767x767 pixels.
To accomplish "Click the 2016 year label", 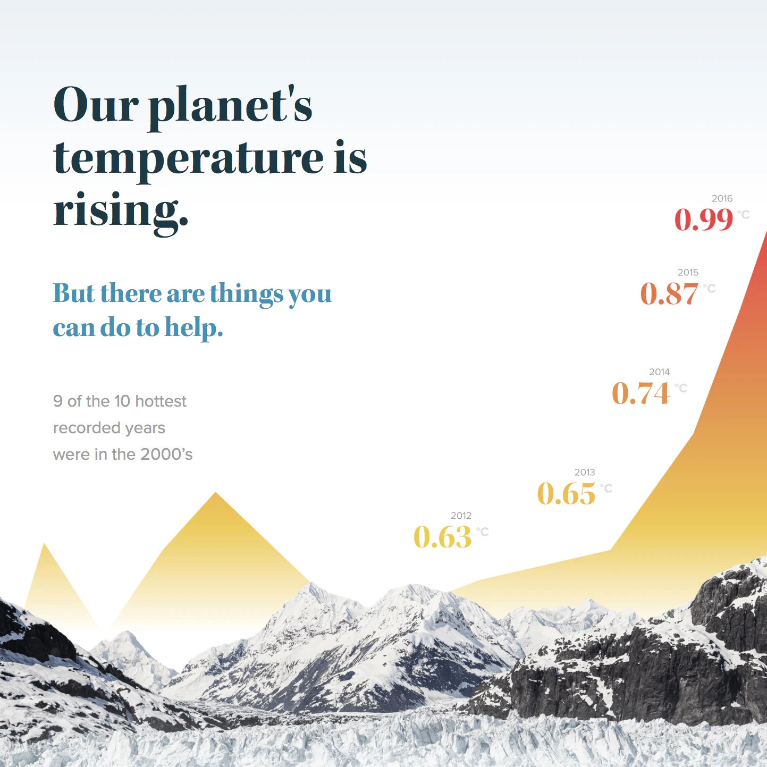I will tap(722, 198).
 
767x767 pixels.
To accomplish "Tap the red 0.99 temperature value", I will tap(704, 219).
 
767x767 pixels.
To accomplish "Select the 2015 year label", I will tap(688, 272).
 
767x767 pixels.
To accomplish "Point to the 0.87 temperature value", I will tap(669, 293).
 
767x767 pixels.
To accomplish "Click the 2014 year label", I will tap(659, 372).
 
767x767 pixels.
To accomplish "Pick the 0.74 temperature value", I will tap(641, 393).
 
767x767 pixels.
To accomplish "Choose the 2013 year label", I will tap(585, 472).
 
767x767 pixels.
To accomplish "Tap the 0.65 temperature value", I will tap(567, 493).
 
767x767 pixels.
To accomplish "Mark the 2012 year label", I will tap(461, 516).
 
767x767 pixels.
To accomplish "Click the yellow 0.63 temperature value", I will tap(443, 537).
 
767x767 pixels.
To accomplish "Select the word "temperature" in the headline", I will tap(189, 158).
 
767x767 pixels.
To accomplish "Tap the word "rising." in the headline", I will tap(121, 210).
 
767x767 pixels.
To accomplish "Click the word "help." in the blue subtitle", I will tap(194, 328).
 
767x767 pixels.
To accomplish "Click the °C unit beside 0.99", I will tap(744, 214).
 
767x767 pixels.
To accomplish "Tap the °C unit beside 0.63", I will tap(482, 532).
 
